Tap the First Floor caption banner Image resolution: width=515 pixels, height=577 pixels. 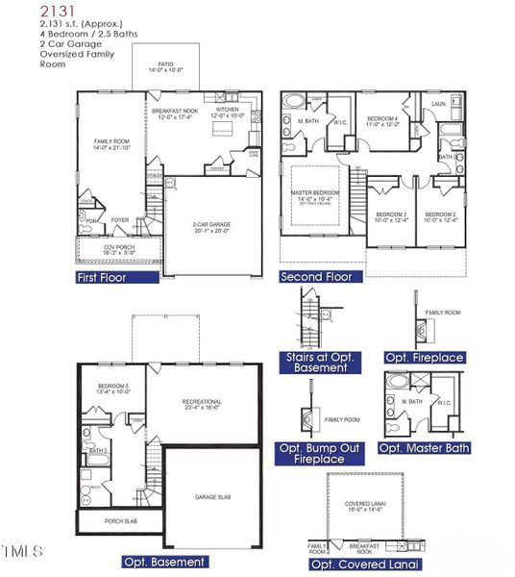pos(115,277)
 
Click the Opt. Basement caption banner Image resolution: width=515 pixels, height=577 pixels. pos(164,561)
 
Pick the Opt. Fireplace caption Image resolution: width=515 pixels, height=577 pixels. pos(424,358)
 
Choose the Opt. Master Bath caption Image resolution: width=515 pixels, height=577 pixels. pos(423,448)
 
